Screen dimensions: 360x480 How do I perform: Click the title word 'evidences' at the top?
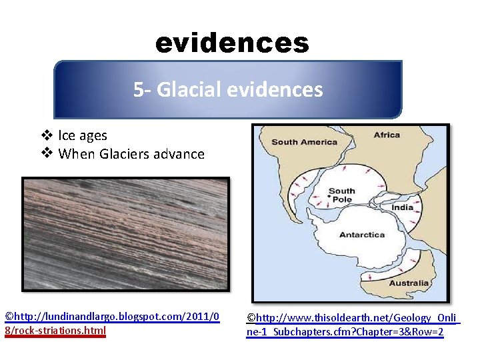232,43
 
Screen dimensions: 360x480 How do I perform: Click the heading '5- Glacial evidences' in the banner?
228,89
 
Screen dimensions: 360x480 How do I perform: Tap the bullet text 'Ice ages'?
83,135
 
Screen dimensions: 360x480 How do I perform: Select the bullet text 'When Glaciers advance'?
131,154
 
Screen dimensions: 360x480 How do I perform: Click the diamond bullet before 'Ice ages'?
47,135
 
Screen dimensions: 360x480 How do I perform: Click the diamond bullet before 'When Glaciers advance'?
47,154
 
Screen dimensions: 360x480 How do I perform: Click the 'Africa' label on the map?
387,135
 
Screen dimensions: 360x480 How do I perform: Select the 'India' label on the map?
402,207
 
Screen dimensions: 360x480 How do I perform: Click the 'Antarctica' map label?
362,235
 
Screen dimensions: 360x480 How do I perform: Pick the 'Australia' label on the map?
409,283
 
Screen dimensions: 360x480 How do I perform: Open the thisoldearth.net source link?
353,325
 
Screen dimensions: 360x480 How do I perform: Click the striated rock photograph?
125,234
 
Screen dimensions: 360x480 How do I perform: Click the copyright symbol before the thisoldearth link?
251,319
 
